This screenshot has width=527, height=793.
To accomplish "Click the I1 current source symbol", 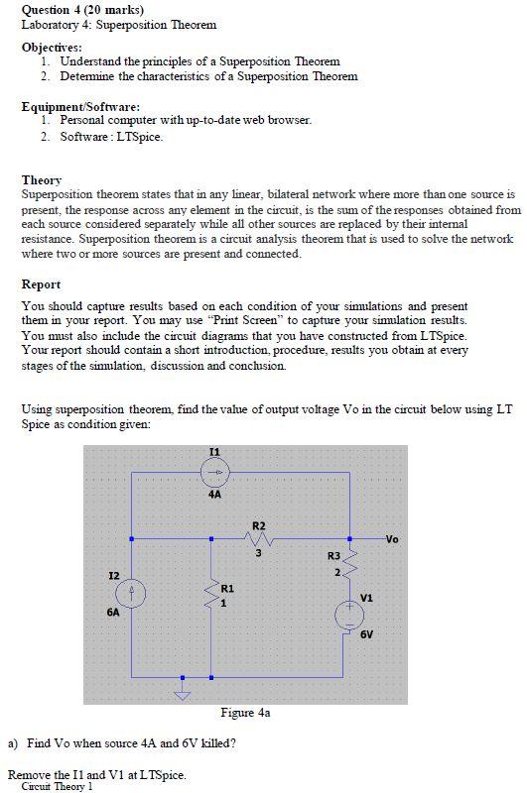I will pyautogui.click(x=215, y=471).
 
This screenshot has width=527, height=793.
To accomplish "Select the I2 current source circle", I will pyautogui.click(x=130, y=593).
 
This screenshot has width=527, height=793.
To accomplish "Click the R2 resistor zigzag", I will pyautogui.click(x=259, y=539).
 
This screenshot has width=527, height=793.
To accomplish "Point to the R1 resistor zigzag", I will pyautogui.click(x=210, y=595).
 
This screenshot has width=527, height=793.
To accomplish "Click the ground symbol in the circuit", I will pyautogui.click(x=182, y=693).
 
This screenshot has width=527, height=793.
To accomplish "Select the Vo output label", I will pyautogui.click(x=392, y=539).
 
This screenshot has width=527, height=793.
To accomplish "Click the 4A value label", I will pyautogui.click(x=215, y=493).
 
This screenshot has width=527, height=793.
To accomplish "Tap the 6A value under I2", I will pyautogui.click(x=112, y=613).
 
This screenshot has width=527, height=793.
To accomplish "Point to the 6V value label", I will pyautogui.click(x=366, y=633).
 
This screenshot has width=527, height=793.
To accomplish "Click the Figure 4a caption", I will pyautogui.click(x=245, y=712).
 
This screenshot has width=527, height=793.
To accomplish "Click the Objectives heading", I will pyautogui.click(x=53, y=47).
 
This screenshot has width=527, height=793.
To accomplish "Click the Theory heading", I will pyautogui.click(x=42, y=180).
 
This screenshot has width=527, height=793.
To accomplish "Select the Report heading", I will pyautogui.click(x=42, y=283).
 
